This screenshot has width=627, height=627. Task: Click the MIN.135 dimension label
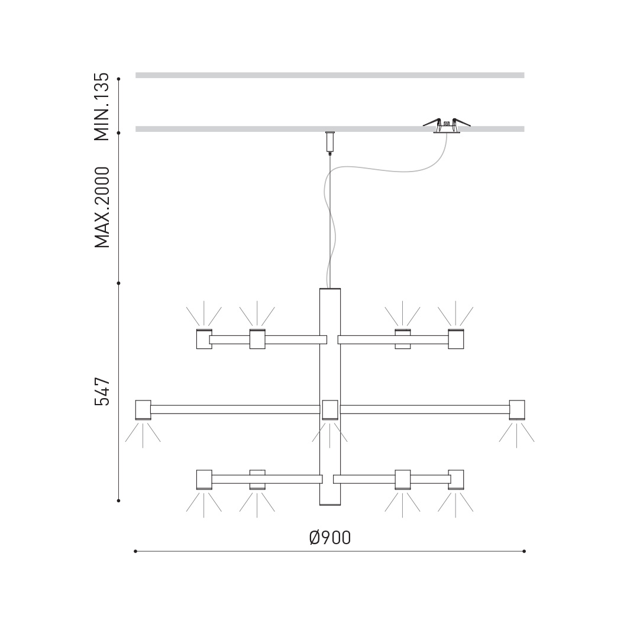tap(101, 106)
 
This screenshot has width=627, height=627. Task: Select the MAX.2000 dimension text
tap(102, 207)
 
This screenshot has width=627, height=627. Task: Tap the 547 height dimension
tap(102, 391)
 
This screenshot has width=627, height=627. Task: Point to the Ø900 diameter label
tap(330, 538)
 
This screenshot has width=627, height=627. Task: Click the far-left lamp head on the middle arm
tap(143, 410)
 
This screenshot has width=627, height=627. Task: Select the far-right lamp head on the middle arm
tap(516, 410)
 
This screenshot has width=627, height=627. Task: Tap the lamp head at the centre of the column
tap(330, 410)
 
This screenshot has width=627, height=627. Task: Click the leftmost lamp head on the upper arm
tap(204, 339)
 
